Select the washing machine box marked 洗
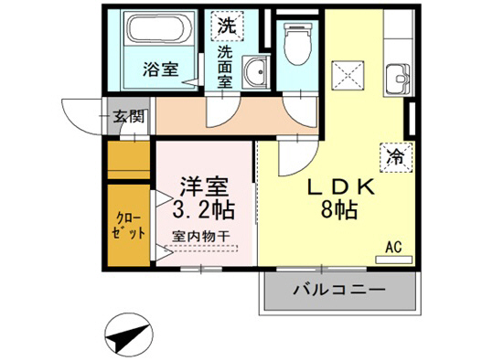click(x=225, y=26)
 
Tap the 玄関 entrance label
click(x=128, y=117)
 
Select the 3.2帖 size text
click(x=203, y=211)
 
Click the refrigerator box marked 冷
click(x=395, y=156)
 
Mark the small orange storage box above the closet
click(x=128, y=161)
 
